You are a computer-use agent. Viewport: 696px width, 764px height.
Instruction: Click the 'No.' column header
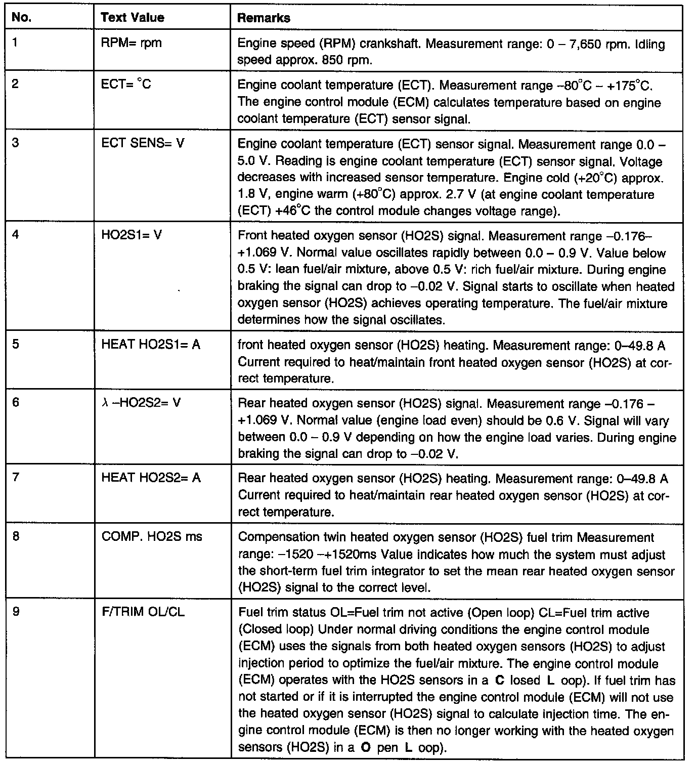(x=21, y=18)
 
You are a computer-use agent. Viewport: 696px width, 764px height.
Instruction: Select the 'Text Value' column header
(x=133, y=18)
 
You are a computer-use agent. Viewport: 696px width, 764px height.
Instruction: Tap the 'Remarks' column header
(x=264, y=18)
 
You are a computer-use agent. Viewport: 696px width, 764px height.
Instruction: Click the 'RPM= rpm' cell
(x=132, y=43)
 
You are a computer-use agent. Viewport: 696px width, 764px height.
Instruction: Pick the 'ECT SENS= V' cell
(x=143, y=143)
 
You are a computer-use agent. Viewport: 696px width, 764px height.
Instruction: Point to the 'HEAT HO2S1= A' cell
(x=151, y=345)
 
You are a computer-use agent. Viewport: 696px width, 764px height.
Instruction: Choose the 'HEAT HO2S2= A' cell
(x=151, y=478)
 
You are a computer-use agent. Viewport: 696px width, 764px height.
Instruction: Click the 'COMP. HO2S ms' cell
(x=152, y=536)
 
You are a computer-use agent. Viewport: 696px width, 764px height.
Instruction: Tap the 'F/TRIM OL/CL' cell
(x=143, y=612)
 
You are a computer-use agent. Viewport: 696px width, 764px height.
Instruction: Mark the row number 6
(x=16, y=403)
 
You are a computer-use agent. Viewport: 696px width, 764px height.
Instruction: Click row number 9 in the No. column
(x=16, y=612)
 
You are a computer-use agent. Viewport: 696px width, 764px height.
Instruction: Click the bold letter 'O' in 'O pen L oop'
(x=364, y=747)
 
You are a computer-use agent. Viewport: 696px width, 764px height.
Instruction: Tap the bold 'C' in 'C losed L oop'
(x=500, y=681)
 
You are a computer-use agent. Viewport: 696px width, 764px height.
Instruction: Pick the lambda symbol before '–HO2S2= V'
(x=104, y=403)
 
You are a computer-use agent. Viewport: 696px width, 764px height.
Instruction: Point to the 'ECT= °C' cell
(x=126, y=84)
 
